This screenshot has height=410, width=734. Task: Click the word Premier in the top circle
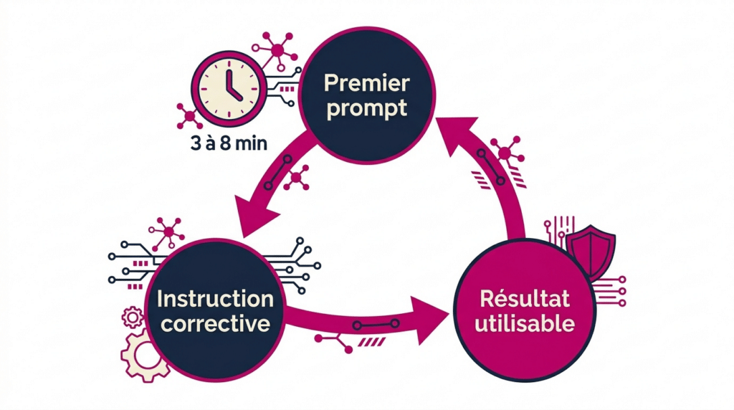click(366, 83)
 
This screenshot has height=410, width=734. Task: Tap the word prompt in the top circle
click(366, 109)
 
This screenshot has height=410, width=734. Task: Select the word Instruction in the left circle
click(215, 298)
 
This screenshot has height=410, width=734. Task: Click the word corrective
click(215, 323)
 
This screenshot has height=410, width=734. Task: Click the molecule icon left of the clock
click(189, 115)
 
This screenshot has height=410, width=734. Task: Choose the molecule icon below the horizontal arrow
click(335, 342)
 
